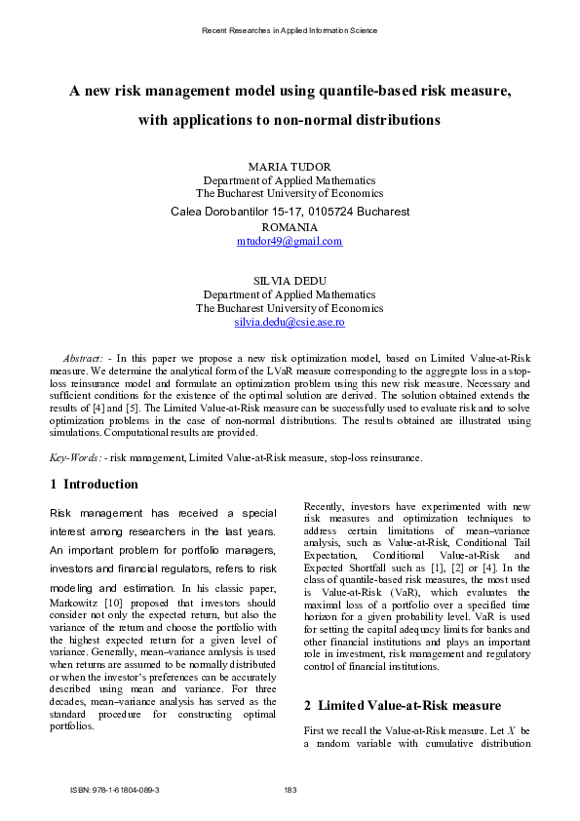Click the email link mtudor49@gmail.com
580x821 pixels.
click(x=290, y=241)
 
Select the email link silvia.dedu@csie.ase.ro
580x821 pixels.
click(x=290, y=322)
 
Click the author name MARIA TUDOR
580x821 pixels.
click(x=290, y=167)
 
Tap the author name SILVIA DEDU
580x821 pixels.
click(x=290, y=280)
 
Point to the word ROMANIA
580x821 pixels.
click(x=290, y=226)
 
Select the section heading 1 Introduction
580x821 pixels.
click(x=94, y=484)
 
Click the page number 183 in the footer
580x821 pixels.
click(x=290, y=790)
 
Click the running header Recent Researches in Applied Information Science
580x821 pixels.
click(x=290, y=30)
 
